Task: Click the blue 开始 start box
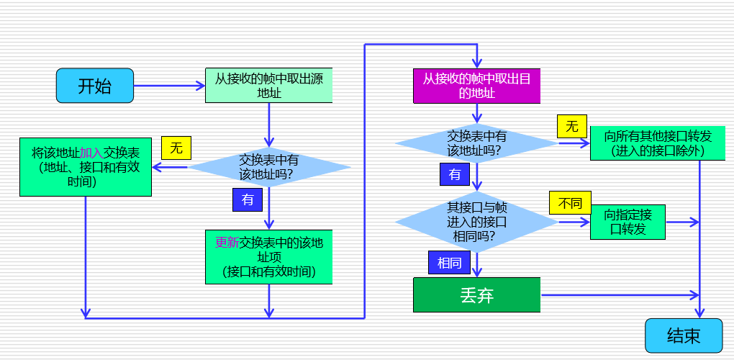click(95, 86)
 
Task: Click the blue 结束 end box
click(683, 336)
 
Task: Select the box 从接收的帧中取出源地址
click(269, 86)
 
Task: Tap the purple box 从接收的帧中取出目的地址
click(476, 86)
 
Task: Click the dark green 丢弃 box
click(476, 295)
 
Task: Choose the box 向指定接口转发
click(627, 222)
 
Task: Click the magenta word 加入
click(91, 153)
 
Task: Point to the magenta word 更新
click(227, 243)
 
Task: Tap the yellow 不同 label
click(570, 203)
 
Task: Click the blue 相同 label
click(449, 263)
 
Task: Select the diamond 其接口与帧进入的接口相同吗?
click(476, 222)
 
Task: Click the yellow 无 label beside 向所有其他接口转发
click(572, 127)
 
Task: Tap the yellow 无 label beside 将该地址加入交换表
click(176, 148)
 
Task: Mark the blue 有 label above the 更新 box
click(248, 199)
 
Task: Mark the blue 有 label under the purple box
click(455, 174)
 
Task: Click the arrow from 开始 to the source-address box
click(169, 86)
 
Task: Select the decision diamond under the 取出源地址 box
click(269, 167)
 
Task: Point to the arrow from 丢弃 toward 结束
click(619, 295)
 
